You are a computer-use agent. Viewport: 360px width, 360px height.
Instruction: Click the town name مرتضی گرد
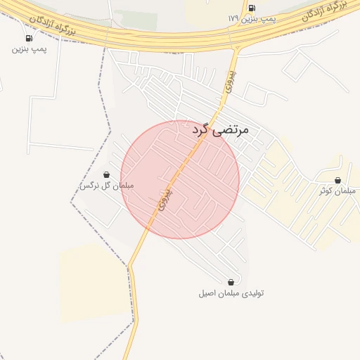(220, 129)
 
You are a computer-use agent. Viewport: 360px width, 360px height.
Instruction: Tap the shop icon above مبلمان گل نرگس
(106, 174)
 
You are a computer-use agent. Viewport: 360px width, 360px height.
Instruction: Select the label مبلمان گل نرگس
(106, 186)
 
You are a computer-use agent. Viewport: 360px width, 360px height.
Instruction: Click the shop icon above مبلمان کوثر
(338, 181)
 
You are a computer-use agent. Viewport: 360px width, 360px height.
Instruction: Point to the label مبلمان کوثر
(334, 191)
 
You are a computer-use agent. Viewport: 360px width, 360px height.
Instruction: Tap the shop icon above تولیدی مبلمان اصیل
(231, 282)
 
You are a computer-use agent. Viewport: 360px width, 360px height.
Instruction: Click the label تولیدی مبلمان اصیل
(231, 292)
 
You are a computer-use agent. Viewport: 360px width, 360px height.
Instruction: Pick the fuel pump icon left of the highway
(29, 38)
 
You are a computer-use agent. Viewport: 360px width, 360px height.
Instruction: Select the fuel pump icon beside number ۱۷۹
(252, 8)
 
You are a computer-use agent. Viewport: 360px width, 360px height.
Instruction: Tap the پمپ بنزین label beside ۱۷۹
(259, 19)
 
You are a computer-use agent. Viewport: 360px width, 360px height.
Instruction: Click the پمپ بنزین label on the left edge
(29, 49)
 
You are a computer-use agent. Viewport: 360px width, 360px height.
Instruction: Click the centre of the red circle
(180, 179)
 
